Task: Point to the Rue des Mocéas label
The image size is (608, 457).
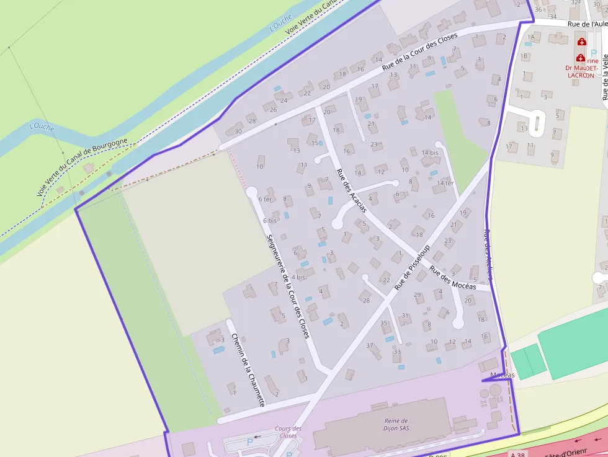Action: (453, 278)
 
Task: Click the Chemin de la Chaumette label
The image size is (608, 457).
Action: (248, 370)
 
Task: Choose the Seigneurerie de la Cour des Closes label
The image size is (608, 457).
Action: (287, 286)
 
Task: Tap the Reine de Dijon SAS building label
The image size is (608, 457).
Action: (396, 425)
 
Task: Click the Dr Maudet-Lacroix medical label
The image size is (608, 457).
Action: (583, 71)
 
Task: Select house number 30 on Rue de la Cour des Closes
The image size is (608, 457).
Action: (238, 131)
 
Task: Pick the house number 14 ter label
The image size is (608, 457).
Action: (445, 183)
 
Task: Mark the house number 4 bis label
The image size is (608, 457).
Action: (298, 277)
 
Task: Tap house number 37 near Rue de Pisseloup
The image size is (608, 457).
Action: (370, 345)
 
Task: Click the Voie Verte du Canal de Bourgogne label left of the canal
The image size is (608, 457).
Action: (82, 167)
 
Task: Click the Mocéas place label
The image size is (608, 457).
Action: (502, 375)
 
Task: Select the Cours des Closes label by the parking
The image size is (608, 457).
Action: (288, 432)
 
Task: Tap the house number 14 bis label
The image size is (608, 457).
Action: (430, 153)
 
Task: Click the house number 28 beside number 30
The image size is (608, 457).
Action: (252, 121)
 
